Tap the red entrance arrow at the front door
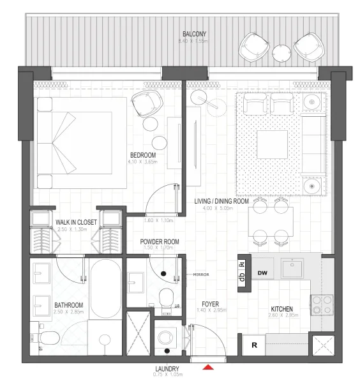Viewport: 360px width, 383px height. click(x=207, y=367)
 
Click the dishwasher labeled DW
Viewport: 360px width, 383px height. click(x=262, y=273)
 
